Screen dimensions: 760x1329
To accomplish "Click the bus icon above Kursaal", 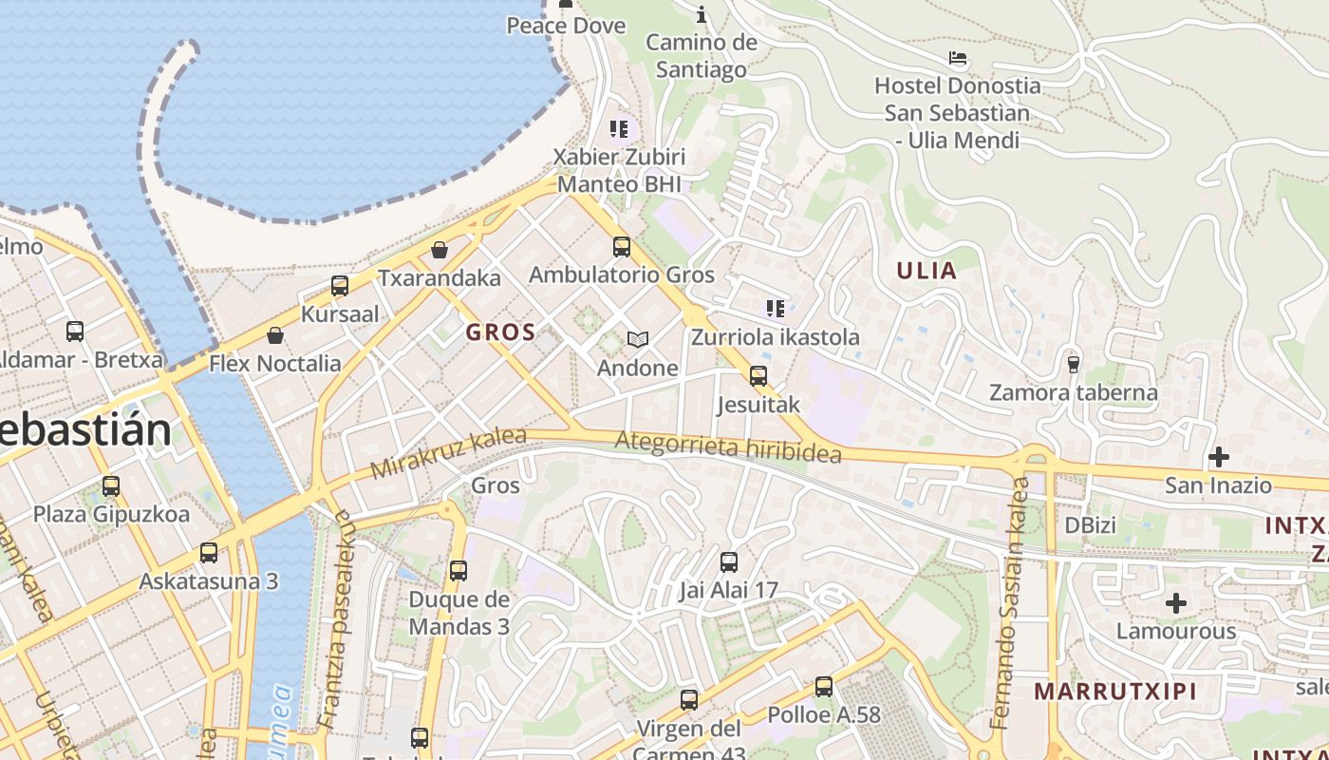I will click(x=340, y=285).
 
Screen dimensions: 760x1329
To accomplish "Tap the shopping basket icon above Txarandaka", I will click(x=440, y=250).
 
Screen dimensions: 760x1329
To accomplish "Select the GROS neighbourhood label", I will click(x=500, y=332).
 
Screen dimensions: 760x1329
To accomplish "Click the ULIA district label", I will click(x=927, y=271).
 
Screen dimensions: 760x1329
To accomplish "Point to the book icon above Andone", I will click(x=638, y=339).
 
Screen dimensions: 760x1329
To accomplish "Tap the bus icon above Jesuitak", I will click(x=758, y=376).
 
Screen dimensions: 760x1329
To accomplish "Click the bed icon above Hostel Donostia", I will click(x=958, y=58).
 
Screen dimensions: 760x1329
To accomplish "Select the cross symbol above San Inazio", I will click(x=1219, y=458).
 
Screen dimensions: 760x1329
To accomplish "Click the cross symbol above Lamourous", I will click(x=1176, y=603).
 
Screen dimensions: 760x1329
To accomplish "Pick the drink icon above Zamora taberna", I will click(x=1074, y=364).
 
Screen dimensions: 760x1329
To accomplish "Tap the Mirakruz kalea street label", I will click(x=448, y=453).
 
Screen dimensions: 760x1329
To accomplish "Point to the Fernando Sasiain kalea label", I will click(x=1011, y=603).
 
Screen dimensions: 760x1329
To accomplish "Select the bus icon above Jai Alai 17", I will click(x=728, y=562).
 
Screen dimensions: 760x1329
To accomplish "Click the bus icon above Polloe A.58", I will click(x=824, y=686).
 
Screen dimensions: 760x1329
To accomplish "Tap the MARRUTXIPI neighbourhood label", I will click(x=1115, y=691).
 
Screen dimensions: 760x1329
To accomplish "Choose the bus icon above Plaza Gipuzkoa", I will click(x=111, y=486).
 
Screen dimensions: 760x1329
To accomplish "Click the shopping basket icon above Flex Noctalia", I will click(x=275, y=335).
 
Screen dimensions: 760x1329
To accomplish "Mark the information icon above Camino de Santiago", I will click(x=702, y=14).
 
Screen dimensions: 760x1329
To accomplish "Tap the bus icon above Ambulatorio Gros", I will click(x=622, y=247).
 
